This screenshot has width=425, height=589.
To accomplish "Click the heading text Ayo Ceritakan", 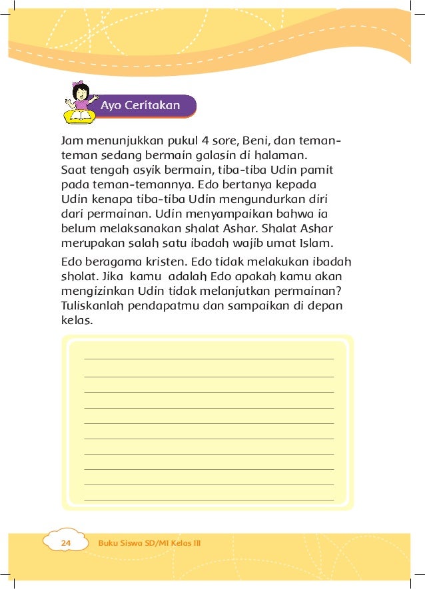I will pyautogui.click(x=140, y=106).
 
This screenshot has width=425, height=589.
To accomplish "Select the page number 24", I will pyautogui.click(x=65, y=544).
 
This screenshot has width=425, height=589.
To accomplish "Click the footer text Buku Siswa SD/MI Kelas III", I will pyautogui.click(x=149, y=544).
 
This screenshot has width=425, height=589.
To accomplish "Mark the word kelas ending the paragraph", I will pyautogui.click(x=75, y=319).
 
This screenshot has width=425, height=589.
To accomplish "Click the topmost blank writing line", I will pyautogui.click(x=209, y=359).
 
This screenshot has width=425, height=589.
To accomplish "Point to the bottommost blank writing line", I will pyautogui.click(x=209, y=499).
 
